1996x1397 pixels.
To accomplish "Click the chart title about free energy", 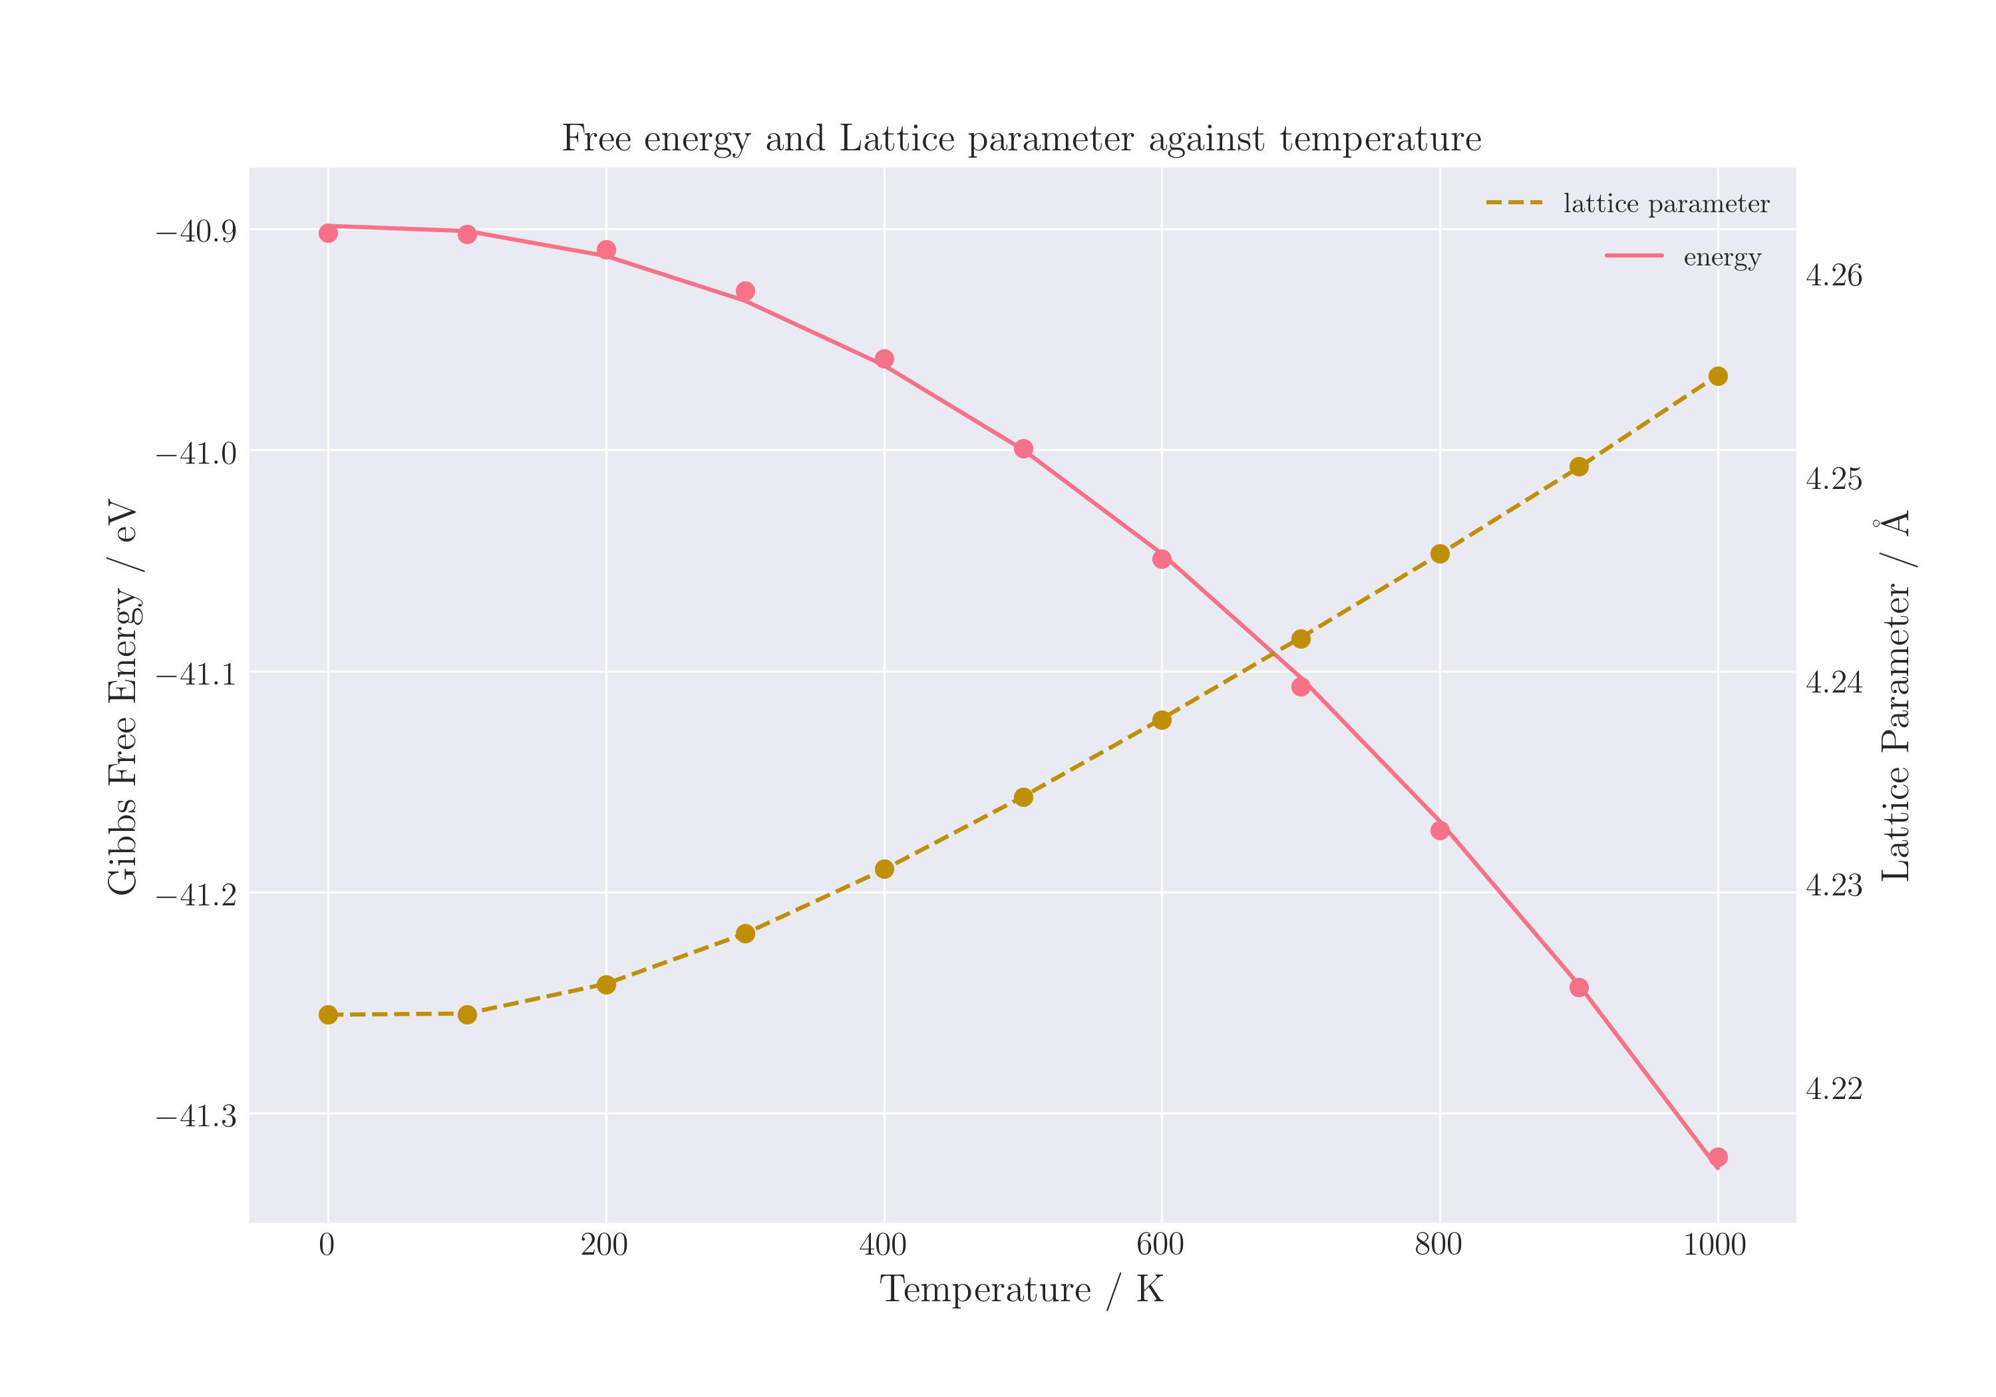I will click(x=1021, y=139).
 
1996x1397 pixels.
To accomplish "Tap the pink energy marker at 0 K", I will click(x=328, y=233).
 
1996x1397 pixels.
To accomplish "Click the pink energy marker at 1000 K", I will click(x=1718, y=1157).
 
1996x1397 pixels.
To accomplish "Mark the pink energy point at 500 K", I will click(x=1023, y=448).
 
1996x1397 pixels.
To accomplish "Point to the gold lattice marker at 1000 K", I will click(x=1718, y=377).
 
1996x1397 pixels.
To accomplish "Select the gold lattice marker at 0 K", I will click(x=328, y=1014).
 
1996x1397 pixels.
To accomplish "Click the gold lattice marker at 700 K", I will click(x=1301, y=639).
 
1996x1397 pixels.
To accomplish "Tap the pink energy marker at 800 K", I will click(x=1440, y=830).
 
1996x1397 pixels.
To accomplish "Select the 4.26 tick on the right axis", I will click(x=1834, y=277).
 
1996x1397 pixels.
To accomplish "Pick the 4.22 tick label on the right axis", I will click(x=1834, y=1089).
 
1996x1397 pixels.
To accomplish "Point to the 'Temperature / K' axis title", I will click(x=1021, y=1290).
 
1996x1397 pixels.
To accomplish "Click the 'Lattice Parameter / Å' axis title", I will click(x=1898, y=695).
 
